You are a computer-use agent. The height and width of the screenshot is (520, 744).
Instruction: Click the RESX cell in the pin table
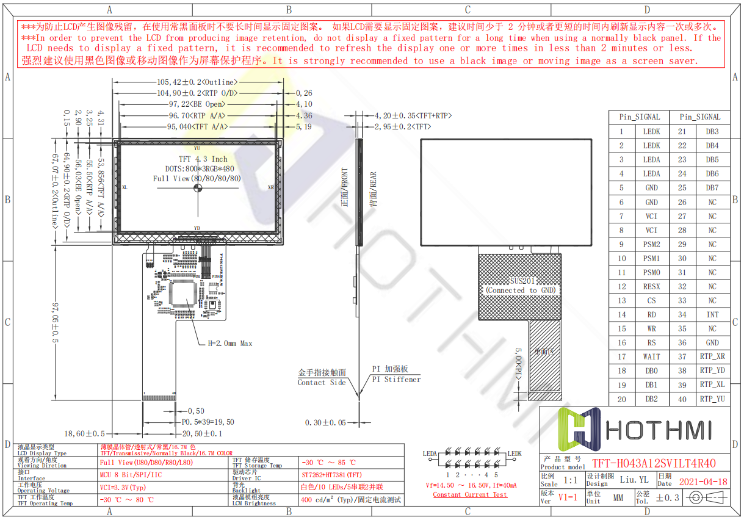(x=651, y=286)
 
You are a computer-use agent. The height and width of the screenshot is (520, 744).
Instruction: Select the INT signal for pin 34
(x=712, y=314)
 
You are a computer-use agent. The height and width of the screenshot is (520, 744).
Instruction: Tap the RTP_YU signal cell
(x=712, y=399)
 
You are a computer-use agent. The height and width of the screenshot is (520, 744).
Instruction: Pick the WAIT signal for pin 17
(x=651, y=356)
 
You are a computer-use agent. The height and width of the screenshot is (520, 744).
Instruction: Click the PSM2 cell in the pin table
(x=651, y=244)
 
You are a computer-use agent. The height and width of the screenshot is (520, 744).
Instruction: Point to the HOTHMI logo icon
(x=581, y=430)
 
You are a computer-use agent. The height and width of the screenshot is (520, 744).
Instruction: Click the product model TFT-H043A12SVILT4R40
(x=654, y=463)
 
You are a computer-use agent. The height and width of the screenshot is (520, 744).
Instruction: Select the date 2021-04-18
(x=702, y=482)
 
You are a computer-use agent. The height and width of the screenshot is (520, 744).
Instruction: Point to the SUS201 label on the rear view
(x=521, y=281)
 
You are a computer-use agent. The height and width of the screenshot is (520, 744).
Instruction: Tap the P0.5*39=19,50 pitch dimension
(x=208, y=422)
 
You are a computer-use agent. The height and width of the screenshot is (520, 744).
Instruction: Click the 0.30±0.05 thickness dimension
(x=325, y=422)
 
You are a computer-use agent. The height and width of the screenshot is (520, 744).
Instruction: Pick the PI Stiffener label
(x=396, y=379)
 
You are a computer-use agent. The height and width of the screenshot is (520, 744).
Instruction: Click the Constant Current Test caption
(x=469, y=494)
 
